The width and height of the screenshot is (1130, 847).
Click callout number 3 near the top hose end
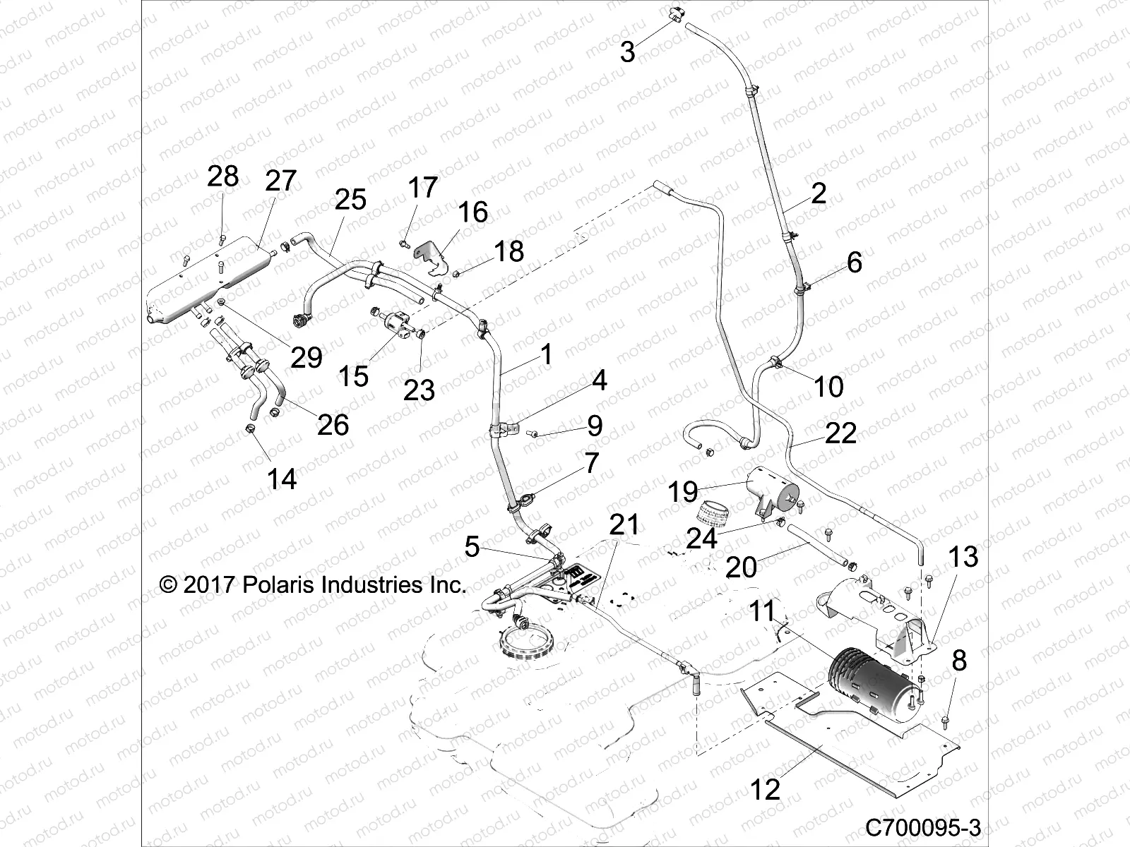(627, 52)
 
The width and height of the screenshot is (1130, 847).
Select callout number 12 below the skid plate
(765, 789)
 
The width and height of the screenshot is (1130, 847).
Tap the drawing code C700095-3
(923, 827)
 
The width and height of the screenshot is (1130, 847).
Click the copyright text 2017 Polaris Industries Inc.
(313, 584)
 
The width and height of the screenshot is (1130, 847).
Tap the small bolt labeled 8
(945, 720)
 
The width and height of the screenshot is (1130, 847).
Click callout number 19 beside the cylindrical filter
(683, 492)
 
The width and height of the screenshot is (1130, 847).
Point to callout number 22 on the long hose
(840, 433)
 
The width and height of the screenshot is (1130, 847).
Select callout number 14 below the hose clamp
(281, 479)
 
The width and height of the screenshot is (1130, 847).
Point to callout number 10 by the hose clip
(828, 386)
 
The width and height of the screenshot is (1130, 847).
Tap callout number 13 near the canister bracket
(963, 557)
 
